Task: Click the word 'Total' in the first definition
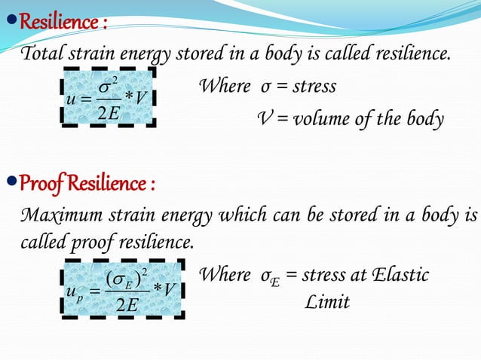tap(42, 55)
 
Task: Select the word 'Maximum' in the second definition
tap(58, 217)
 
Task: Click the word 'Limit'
tap(327, 302)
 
